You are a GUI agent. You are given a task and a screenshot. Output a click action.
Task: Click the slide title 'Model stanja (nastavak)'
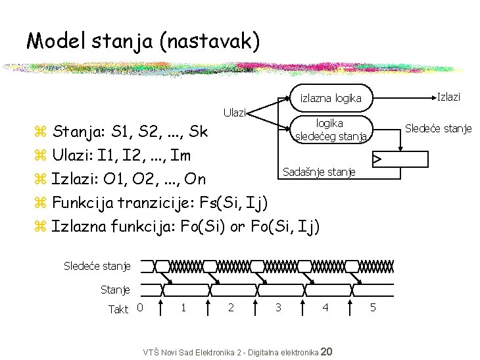pos(143,41)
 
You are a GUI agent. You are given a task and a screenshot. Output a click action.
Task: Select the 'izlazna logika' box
pos(331,99)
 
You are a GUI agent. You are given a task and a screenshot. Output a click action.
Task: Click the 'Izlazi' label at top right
pos(448,97)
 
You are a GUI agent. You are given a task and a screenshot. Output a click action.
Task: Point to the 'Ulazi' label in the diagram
pos(234,113)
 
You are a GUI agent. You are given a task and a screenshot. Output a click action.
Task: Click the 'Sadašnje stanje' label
pos(318,172)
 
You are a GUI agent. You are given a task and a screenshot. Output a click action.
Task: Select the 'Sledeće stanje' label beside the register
pos(438,128)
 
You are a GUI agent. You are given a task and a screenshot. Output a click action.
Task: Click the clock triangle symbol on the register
pos(377,159)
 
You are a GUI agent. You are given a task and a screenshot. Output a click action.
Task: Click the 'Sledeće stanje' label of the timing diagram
pos(97,266)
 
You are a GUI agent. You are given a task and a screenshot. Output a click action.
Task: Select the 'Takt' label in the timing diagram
pos(118,309)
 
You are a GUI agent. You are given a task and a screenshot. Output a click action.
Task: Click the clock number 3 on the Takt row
pos(278,307)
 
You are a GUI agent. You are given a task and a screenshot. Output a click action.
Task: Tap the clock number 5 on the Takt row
pos(372,307)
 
